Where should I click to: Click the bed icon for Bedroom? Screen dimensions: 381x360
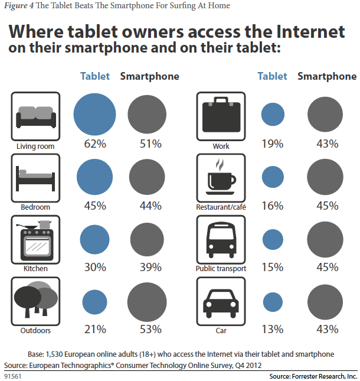(36, 176)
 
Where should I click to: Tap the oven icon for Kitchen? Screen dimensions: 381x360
(36, 239)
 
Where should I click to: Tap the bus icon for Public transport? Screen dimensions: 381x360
(221, 239)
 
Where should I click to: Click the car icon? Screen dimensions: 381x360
(221, 302)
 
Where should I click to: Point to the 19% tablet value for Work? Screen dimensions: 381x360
(273, 144)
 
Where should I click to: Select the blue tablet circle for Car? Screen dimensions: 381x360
(273, 302)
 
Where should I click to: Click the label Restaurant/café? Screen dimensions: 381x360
(221, 207)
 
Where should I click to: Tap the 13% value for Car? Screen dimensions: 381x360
(273, 329)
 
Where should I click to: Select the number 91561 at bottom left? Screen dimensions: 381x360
(12, 376)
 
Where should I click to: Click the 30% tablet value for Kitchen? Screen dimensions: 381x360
(94, 268)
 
